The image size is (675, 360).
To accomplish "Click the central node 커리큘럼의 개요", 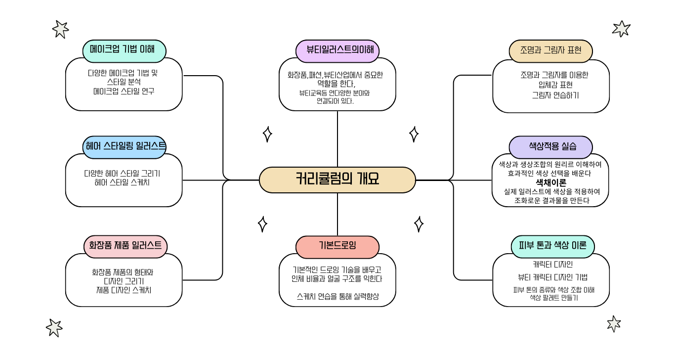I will (337, 180).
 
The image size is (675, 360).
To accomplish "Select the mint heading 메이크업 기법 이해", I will (124, 51).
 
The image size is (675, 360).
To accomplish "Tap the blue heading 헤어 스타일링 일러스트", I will (124, 147).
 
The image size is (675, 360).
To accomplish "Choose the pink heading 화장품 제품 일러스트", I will (126, 246).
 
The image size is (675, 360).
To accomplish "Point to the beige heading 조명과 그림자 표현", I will (550, 51).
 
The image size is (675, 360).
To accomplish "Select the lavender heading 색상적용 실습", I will (550, 147).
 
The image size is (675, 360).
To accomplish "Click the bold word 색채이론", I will (550, 182).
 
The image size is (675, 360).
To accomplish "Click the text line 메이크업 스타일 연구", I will (124, 91).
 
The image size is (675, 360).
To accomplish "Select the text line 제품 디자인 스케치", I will (124, 290).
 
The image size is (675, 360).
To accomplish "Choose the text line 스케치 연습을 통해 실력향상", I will (338, 296).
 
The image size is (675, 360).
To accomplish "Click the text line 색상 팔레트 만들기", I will (553, 298).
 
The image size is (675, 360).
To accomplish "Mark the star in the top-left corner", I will (60, 29).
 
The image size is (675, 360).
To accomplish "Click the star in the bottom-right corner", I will (614, 324).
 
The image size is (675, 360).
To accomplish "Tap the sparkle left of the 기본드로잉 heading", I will (262, 224).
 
